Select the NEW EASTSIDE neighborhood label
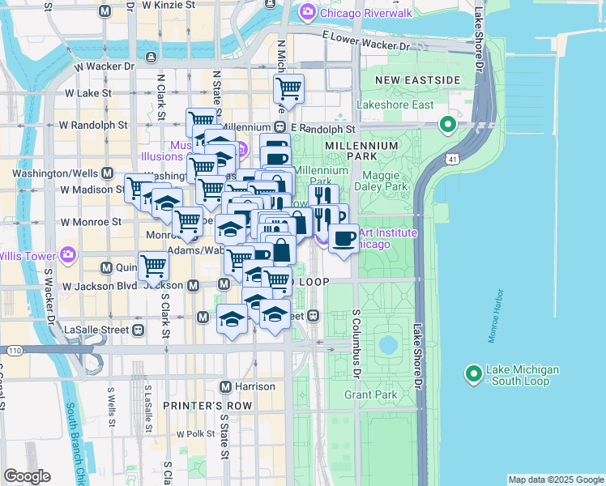[x=418, y=80]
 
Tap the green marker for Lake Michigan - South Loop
[x=473, y=373]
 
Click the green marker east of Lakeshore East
[x=446, y=126]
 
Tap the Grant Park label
[x=369, y=395]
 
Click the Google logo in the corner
[x=27, y=476]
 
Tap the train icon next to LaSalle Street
[x=139, y=330]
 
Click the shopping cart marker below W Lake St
[x=288, y=88]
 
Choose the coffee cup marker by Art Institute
[x=344, y=238]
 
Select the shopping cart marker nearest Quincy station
[x=153, y=264]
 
